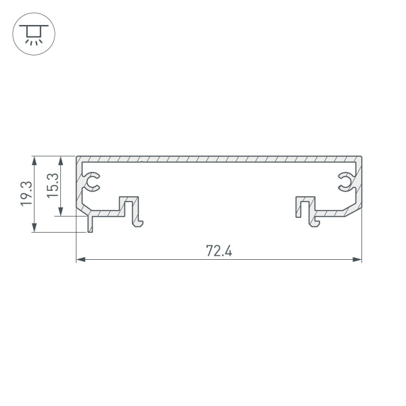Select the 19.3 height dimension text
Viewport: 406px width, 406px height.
click(x=25, y=194)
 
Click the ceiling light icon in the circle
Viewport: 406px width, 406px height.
click(x=31, y=32)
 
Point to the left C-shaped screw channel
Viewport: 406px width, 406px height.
click(x=92, y=181)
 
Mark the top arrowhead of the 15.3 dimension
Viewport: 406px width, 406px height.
click(x=62, y=161)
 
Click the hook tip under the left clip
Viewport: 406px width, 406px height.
click(x=140, y=225)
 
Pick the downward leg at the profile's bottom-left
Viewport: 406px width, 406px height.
click(x=89, y=225)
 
